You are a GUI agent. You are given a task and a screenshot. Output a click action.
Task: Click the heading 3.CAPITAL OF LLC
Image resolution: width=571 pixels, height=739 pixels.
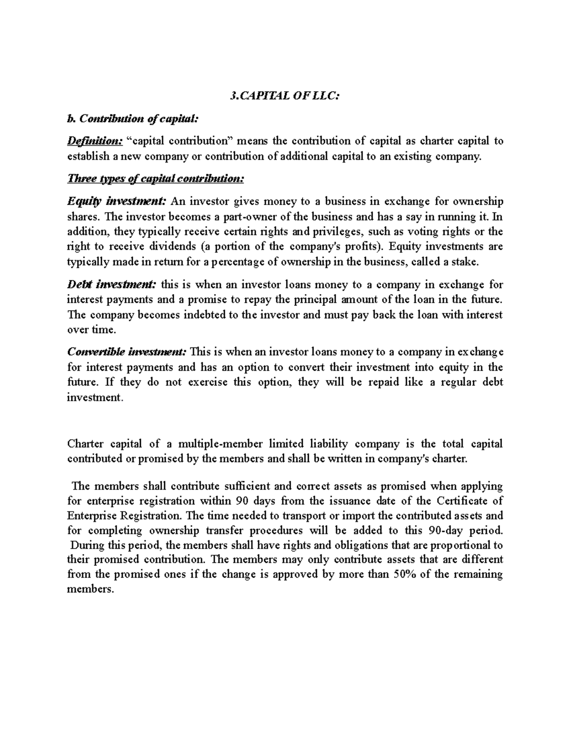[x=285, y=96]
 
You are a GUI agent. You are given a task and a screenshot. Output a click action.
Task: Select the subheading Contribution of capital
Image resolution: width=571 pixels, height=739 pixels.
[x=131, y=119]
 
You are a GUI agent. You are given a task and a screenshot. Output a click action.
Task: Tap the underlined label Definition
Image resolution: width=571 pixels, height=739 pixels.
[x=95, y=141]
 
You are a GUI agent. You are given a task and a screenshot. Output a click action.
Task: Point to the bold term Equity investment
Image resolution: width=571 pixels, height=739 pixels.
[x=117, y=201]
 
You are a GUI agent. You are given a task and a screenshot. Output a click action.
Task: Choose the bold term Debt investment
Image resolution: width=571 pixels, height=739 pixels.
[x=112, y=285]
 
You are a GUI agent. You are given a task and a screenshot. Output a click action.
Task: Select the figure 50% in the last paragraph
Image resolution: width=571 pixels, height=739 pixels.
[x=404, y=574]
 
